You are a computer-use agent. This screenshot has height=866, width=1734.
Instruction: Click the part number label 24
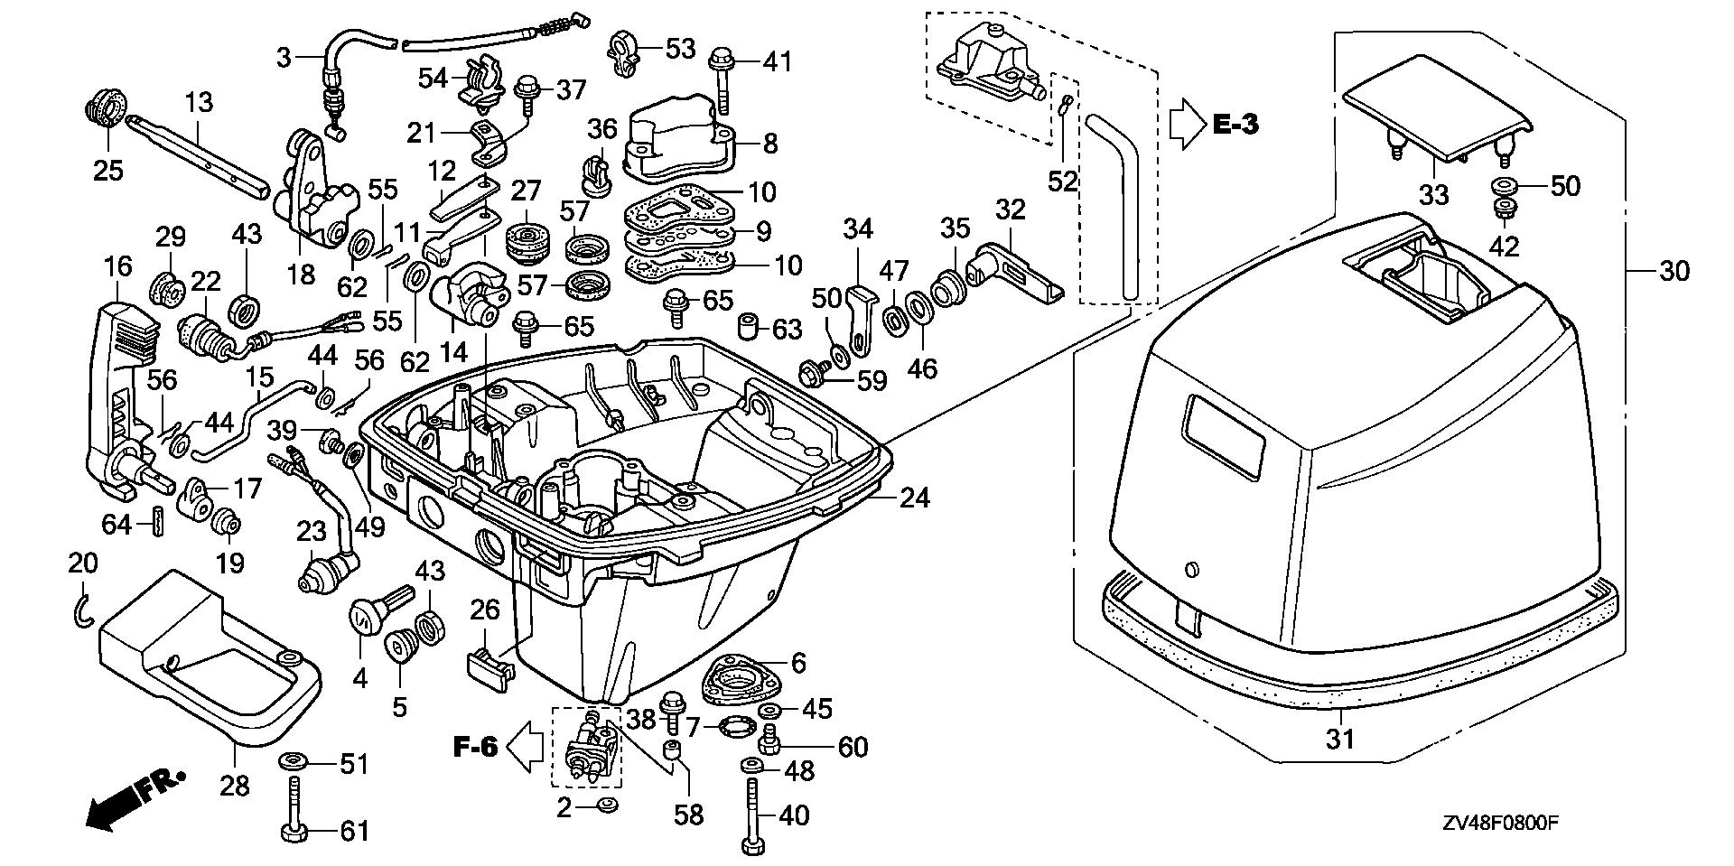click(x=914, y=498)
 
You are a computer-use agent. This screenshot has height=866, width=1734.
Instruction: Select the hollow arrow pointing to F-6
click(x=524, y=748)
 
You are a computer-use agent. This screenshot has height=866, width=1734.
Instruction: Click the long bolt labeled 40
click(x=751, y=813)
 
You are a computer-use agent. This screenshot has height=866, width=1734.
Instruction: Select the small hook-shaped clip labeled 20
click(x=82, y=611)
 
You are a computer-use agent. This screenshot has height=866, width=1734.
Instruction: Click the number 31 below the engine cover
click(x=1340, y=739)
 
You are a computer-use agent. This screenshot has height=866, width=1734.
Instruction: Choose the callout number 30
click(x=1674, y=271)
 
